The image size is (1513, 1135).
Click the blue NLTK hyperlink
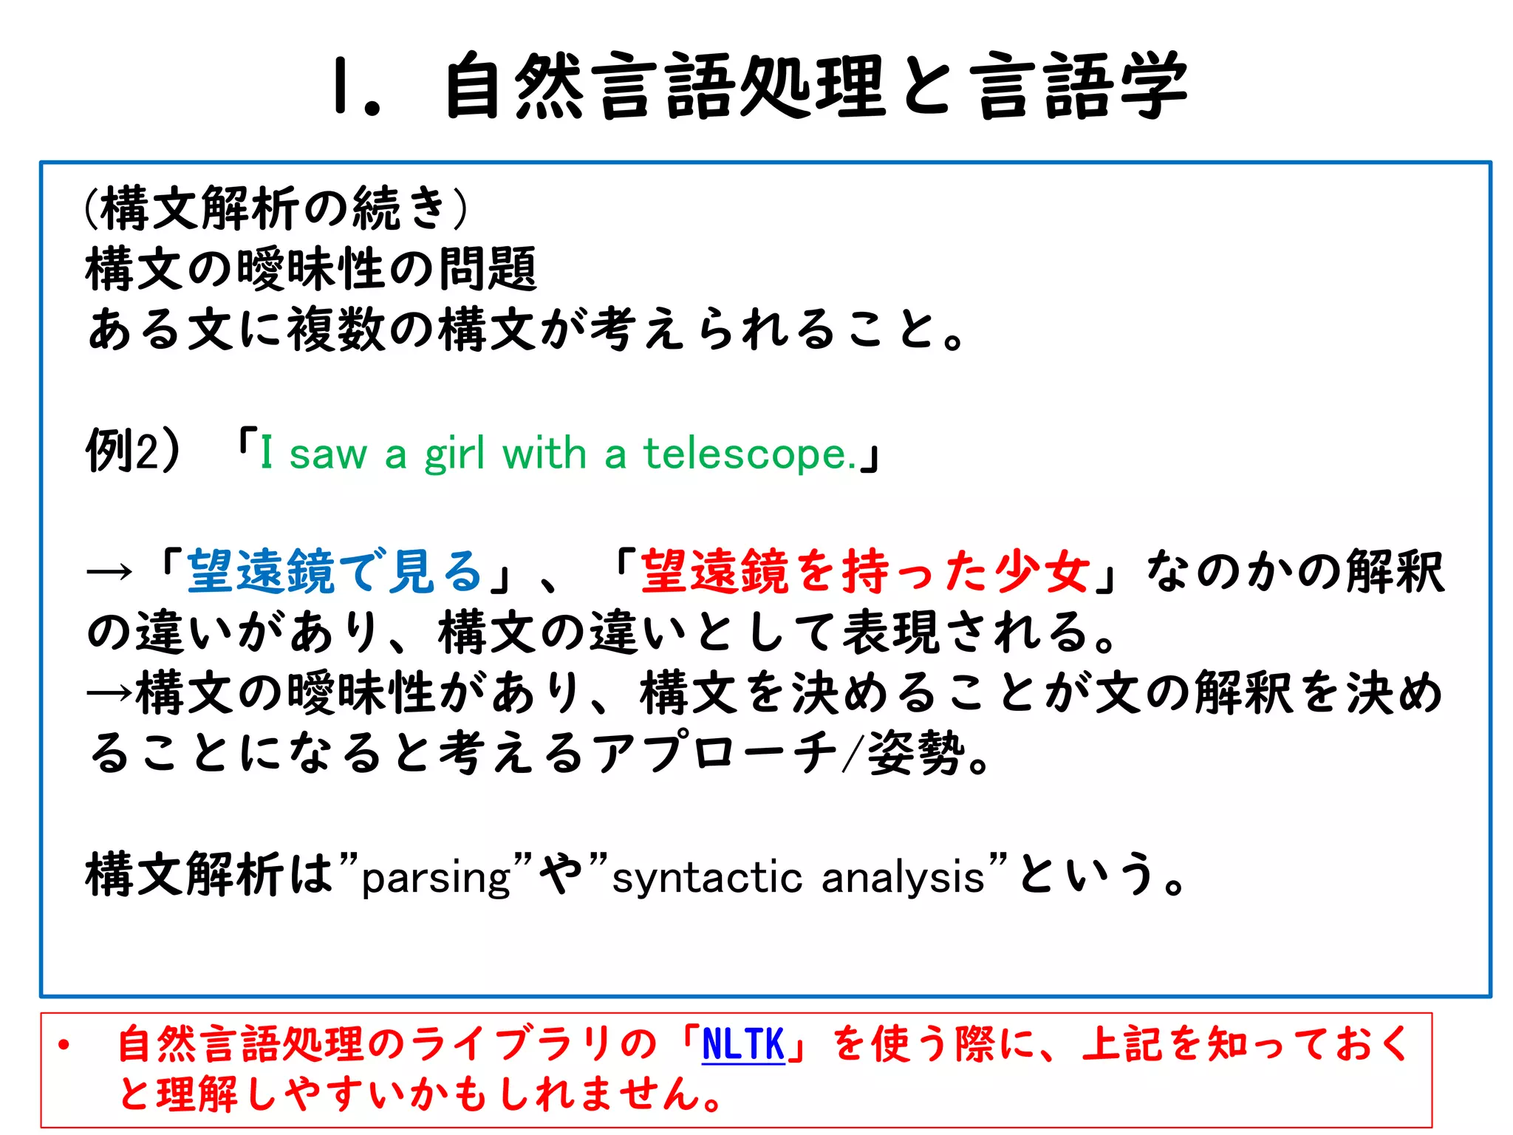pyautogui.click(x=742, y=1044)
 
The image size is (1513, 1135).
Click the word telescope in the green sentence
pyautogui.click(x=749, y=453)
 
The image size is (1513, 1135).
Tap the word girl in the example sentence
pyautogui.click(x=454, y=454)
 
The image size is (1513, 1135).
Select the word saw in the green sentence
pyautogui.click(x=327, y=454)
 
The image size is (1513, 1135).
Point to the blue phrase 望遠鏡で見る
pyautogui.click(x=335, y=572)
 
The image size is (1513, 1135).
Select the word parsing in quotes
pyautogui.click(x=436, y=878)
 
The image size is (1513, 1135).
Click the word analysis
pyautogui.click(x=903, y=878)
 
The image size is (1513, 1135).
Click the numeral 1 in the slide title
pyautogui.click(x=341, y=87)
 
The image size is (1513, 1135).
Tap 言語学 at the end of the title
pyautogui.click(x=1079, y=87)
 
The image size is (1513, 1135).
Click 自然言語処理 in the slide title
pyautogui.click(x=665, y=87)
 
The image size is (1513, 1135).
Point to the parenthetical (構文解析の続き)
pyautogui.click(x=276, y=208)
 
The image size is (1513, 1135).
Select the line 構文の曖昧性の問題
pyautogui.click(x=311, y=269)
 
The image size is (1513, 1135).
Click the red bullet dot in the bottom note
pyautogui.click(x=64, y=1045)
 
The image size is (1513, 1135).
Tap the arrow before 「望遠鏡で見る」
pyautogui.click(x=109, y=572)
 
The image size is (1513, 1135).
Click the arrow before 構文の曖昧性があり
pyautogui.click(x=109, y=693)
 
